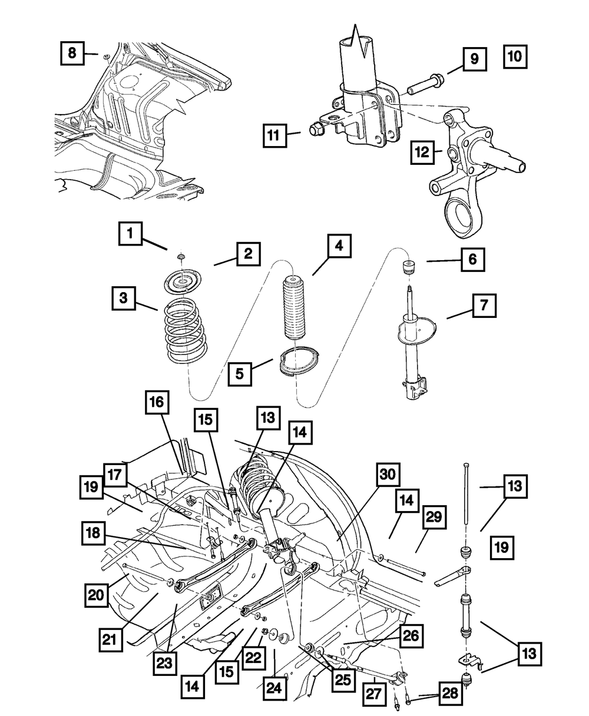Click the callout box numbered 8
click(x=72, y=53)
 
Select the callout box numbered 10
click(x=515, y=57)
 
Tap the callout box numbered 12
click(x=422, y=152)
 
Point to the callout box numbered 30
click(x=388, y=474)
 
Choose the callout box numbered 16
click(x=157, y=402)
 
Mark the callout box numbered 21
click(x=110, y=639)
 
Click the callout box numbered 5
click(x=240, y=374)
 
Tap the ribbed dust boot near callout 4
click(x=294, y=306)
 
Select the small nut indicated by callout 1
click(x=181, y=256)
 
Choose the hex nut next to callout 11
click(x=316, y=129)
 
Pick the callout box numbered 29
click(x=434, y=517)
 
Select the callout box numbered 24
click(x=274, y=688)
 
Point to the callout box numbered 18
click(x=93, y=533)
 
